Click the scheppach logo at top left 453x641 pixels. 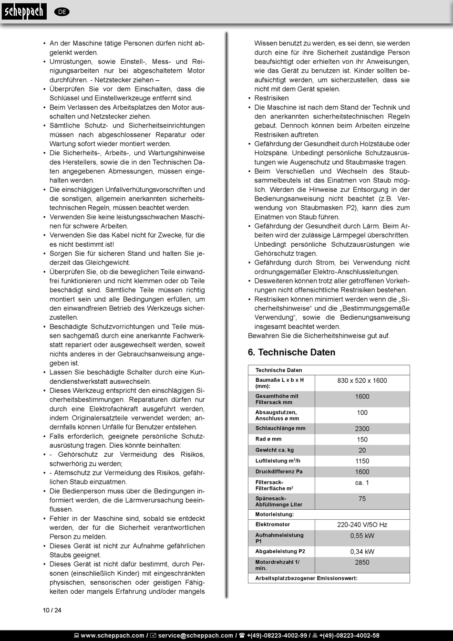tap(24, 11)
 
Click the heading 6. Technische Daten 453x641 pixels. tap(291, 352)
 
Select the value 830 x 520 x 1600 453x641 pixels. tap(362, 380)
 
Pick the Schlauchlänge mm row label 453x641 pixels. tap(280, 428)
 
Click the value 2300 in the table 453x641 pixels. tap(362, 429)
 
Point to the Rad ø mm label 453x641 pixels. tap(268, 439)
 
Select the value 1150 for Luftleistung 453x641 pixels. tap(362, 461)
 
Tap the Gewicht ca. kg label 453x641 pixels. tap(275, 450)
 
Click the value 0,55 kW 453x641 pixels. tap(362, 536)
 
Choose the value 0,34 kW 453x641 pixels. tap(362, 552)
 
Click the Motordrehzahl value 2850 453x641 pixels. tap(362, 562)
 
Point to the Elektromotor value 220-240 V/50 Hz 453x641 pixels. tap(362, 525)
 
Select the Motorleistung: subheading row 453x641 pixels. tap(275, 515)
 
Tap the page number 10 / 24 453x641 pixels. tap(52, 610)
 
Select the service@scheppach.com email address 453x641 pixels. tap(196, 635)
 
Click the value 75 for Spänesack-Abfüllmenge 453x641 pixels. tap(362, 499)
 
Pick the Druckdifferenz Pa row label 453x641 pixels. tap(279, 472)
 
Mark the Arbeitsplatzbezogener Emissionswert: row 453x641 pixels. tap(306, 578)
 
